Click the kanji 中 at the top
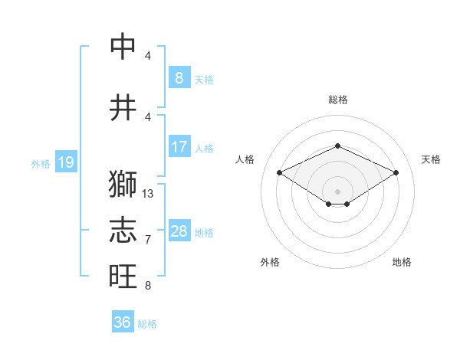click(x=123, y=47)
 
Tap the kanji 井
click(x=123, y=106)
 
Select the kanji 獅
click(x=123, y=185)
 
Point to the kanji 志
click(x=123, y=230)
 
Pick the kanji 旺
click(x=123, y=275)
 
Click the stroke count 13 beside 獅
click(x=148, y=194)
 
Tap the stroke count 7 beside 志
click(x=148, y=240)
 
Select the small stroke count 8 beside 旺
click(x=148, y=286)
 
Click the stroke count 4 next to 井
click(x=148, y=116)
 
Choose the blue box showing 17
click(x=179, y=147)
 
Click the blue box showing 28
click(x=179, y=231)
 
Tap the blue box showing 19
click(x=65, y=162)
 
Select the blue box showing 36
click(x=122, y=322)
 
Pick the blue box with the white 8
click(x=179, y=77)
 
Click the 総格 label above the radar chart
click(x=337, y=100)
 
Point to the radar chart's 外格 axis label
click(x=270, y=262)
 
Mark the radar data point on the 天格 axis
click(x=396, y=172)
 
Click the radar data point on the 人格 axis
click(x=279, y=172)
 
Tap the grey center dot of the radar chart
click(x=337, y=190)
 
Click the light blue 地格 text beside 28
click(x=204, y=233)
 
